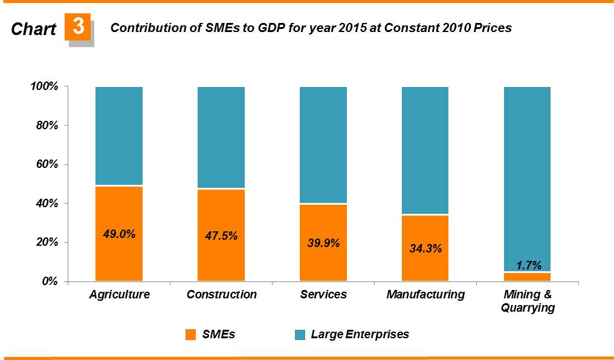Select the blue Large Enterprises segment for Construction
click(221, 137)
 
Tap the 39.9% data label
click(323, 243)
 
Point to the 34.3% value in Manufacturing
click(425, 248)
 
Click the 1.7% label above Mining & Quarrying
click(528, 265)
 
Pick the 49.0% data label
click(119, 234)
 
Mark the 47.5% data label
click(221, 236)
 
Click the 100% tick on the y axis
click(44, 87)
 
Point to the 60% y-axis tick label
click(47, 165)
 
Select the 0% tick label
click(50, 281)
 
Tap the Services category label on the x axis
click(323, 295)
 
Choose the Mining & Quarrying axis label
click(528, 301)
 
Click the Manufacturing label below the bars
click(425, 295)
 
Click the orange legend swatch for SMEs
click(190, 334)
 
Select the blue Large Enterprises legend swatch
click(299, 334)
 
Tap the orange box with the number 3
click(78, 27)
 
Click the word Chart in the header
click(34, 28)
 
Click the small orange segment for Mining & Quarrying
click(528, 277)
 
